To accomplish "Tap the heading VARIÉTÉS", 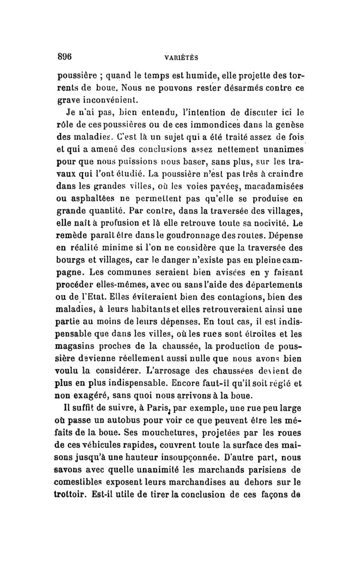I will (182, 58).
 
